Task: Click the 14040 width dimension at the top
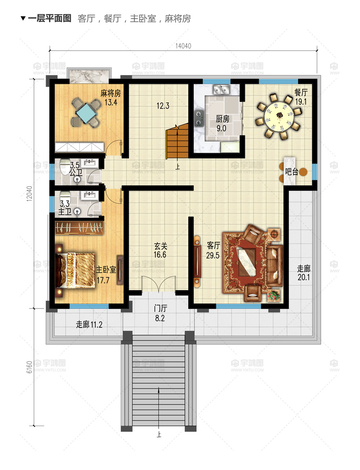point(183,46)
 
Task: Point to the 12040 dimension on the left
point(29,193)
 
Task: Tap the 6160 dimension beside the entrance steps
point(29,367)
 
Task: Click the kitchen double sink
point(221,89)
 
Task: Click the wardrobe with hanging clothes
point(79,228)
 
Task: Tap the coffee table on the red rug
point(247,262)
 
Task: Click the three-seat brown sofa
point(274,266)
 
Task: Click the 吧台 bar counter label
point(292,171)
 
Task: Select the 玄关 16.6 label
point(160,250)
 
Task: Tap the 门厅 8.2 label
point(160,313)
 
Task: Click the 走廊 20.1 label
point(304,273)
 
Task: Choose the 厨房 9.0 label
point(222,124)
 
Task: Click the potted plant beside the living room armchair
point(274,295)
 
